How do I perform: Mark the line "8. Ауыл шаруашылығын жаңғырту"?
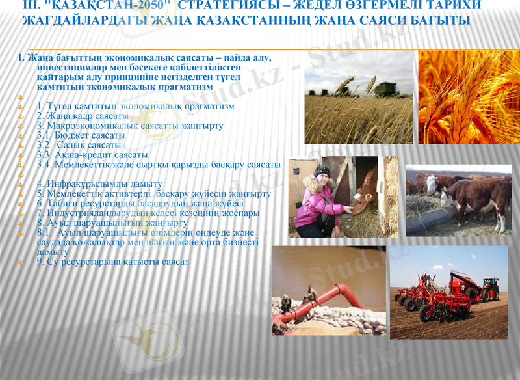click(x=103, y=223)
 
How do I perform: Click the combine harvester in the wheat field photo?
click(x=384, y=88)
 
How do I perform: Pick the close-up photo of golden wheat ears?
click(x=469, y=98)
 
